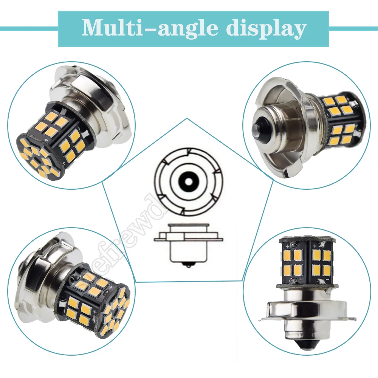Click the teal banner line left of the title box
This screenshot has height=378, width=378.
29,29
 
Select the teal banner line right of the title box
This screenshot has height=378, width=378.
353,29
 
